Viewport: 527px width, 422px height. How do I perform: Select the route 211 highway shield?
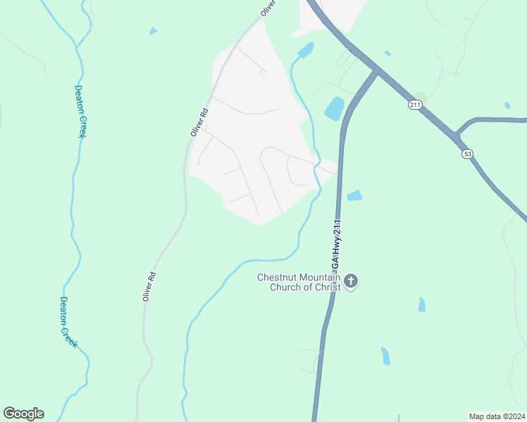(414, 105)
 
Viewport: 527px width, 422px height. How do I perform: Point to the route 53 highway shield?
(466, 153)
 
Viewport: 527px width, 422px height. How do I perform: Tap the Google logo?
(23, 414)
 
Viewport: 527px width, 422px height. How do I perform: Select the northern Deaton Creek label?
(80, 111)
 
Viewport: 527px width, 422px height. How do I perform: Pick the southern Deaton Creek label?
(68, 322)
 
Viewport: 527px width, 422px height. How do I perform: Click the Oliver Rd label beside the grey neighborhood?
(199, 122)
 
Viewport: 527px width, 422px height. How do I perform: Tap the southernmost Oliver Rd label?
(148, 287)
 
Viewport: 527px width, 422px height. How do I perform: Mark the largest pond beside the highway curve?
(334, 108)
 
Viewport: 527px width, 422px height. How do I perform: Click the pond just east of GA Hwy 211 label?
(354, 196)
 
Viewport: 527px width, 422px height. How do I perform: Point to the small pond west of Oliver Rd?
(153, 31)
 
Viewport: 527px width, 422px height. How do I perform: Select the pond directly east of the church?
(422, 305)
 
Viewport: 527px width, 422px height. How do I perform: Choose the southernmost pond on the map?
(385, 356)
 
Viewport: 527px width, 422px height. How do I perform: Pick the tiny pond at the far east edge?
(507, 105)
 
